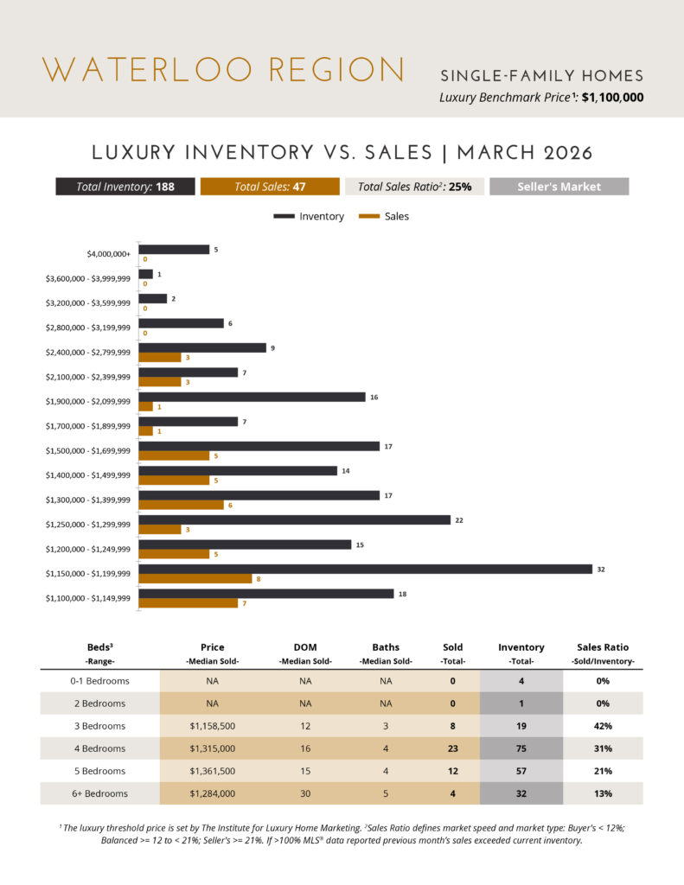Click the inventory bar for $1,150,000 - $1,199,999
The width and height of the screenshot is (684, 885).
[x=365, y=569]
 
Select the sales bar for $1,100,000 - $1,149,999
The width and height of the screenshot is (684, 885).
[x=188, y=603]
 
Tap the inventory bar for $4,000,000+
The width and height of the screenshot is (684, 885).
[x=174, y=249]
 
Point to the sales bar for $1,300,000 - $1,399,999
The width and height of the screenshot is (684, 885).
[x=181, y=505]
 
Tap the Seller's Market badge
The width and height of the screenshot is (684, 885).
[x=559, y=187]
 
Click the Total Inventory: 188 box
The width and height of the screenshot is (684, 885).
[x=125, y=187]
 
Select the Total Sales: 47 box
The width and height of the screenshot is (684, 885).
[x=270, y=187]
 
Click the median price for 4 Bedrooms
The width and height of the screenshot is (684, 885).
[x=212, y=748]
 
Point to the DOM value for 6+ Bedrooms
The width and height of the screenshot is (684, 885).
[x=305, y=793]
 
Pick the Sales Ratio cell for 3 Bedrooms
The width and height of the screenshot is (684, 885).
[x=603, y=726]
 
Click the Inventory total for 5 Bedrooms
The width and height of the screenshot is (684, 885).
[x=521, y=771]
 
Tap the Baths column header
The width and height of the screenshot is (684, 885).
[x=386, y=646]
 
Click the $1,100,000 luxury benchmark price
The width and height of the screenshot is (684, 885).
[x=612, y=98]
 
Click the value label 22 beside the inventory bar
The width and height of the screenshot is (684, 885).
[x=459, y=520]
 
